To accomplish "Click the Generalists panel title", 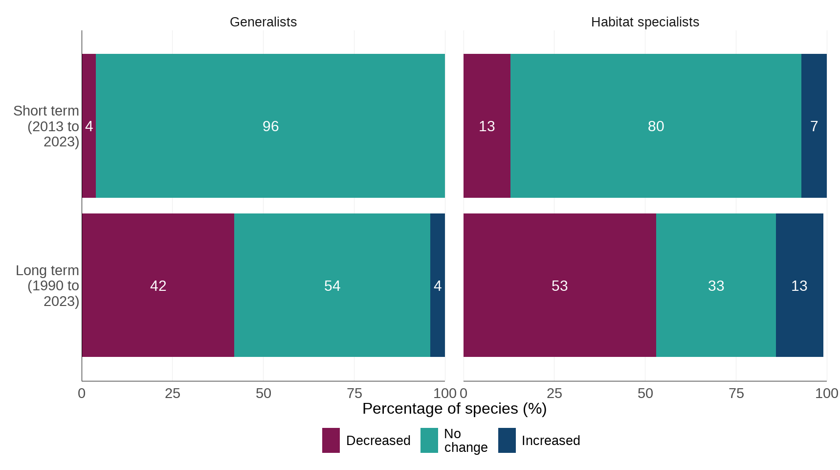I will click(x=263, y=22).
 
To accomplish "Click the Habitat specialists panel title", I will click(x=644, y=22).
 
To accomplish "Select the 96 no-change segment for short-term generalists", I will click(x=270, y=126).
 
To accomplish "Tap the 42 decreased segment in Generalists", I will click(x=158, y=285).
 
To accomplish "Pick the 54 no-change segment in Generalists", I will click(x=332, y=285).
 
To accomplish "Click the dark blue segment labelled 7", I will click(x=814, y=126).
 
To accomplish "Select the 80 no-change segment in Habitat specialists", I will click(x=656, y=126).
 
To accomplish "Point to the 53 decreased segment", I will click(x=559, y=285).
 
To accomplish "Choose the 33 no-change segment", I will click(x=716, y=285).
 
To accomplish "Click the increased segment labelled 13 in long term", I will click(x=799, y=285).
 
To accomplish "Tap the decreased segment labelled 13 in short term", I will click(x=486, y=126).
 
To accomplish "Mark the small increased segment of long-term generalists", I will click(x=438, y=285).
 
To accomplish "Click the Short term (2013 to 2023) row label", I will click(x=47, y=126).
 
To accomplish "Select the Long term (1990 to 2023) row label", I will click(x=48, y=285).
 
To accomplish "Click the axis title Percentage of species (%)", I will click(x=454, y=408).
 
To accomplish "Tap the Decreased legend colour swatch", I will click(x=331, y=440).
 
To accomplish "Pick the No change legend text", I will click(x=465, y=440).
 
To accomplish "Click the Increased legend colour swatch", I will click(x=507, y=440).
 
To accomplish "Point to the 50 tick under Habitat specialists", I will click(x=645, y=393).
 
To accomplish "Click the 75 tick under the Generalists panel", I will click(x=354, y=393).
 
